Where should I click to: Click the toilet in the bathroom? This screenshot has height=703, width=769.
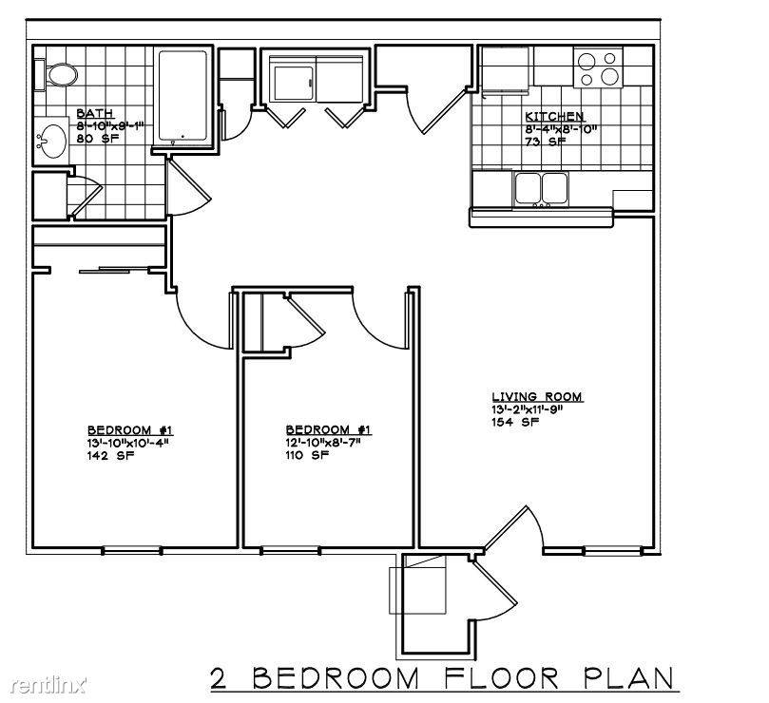pyautogui.click(x=56, y=75)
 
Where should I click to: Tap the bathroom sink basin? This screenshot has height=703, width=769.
pyautogui.click(x=53, y=142)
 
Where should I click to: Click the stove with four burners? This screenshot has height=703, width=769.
pyautogui.click(x=598, y=67)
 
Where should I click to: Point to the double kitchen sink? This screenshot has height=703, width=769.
pyautogui.click(x=542, y=188)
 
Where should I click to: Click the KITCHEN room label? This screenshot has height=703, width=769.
pyautogui.click(x=554, y=117)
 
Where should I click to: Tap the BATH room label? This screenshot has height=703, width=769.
pyautogui.click(x=95, y=113)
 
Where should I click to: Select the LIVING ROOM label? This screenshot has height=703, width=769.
pyautogui.click(x=537, y=396)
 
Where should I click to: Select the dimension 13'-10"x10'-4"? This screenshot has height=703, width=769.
pyautogui.click(x=128, y=443)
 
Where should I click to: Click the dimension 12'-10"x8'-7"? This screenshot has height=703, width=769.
pyautogui.click(x=324, y=442)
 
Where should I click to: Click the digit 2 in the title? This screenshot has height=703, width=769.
pyautogui.click(x=221, y=678)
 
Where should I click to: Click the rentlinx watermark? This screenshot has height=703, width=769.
pyautogui.click(x=48, y=684)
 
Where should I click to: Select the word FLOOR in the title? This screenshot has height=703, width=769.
pyautogui.click(x=501, y=677)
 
